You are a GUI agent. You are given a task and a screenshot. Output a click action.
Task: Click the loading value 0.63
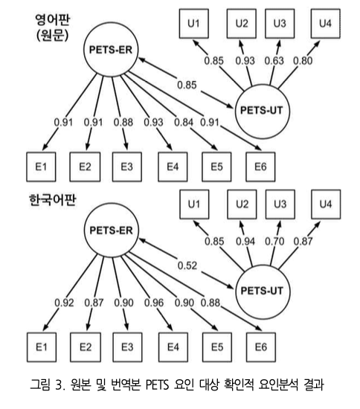(x=274, y=61)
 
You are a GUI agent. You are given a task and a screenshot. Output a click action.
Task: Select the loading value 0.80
(x=303, y=61)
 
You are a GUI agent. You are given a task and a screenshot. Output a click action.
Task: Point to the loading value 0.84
(x=184, y=122)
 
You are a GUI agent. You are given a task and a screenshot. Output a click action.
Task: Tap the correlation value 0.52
(x=187, y=265)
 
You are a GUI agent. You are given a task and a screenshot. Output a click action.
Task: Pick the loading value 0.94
(x=245, y=241)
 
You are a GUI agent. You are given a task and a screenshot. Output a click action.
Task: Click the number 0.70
(x=274, y=241)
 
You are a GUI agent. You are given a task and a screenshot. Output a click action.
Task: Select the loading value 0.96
(x=154, y=303)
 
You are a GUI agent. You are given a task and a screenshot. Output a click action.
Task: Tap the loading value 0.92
(x=64, y=303)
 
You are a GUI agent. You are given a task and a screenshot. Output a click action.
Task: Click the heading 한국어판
(x=52, y=200)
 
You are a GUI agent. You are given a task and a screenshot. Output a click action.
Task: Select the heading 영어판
(x=52, y=19)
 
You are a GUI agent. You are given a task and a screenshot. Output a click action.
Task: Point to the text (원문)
(x=52, y=35)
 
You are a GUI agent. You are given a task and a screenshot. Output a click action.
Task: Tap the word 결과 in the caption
(x=314, y=384)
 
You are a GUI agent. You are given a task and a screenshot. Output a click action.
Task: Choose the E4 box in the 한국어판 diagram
(x=173, y=347)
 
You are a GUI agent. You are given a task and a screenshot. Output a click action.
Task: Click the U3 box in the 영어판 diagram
(x=280, y=24)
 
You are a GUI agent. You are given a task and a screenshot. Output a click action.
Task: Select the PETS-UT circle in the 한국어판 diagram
(x=263, y=291)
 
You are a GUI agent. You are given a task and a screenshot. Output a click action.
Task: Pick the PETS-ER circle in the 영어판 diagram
(x=111, y=50)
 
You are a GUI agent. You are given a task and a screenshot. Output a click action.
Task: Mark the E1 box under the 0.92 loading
(x=42, y=347)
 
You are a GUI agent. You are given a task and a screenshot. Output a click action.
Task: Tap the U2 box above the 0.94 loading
(x=242, y=204)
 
